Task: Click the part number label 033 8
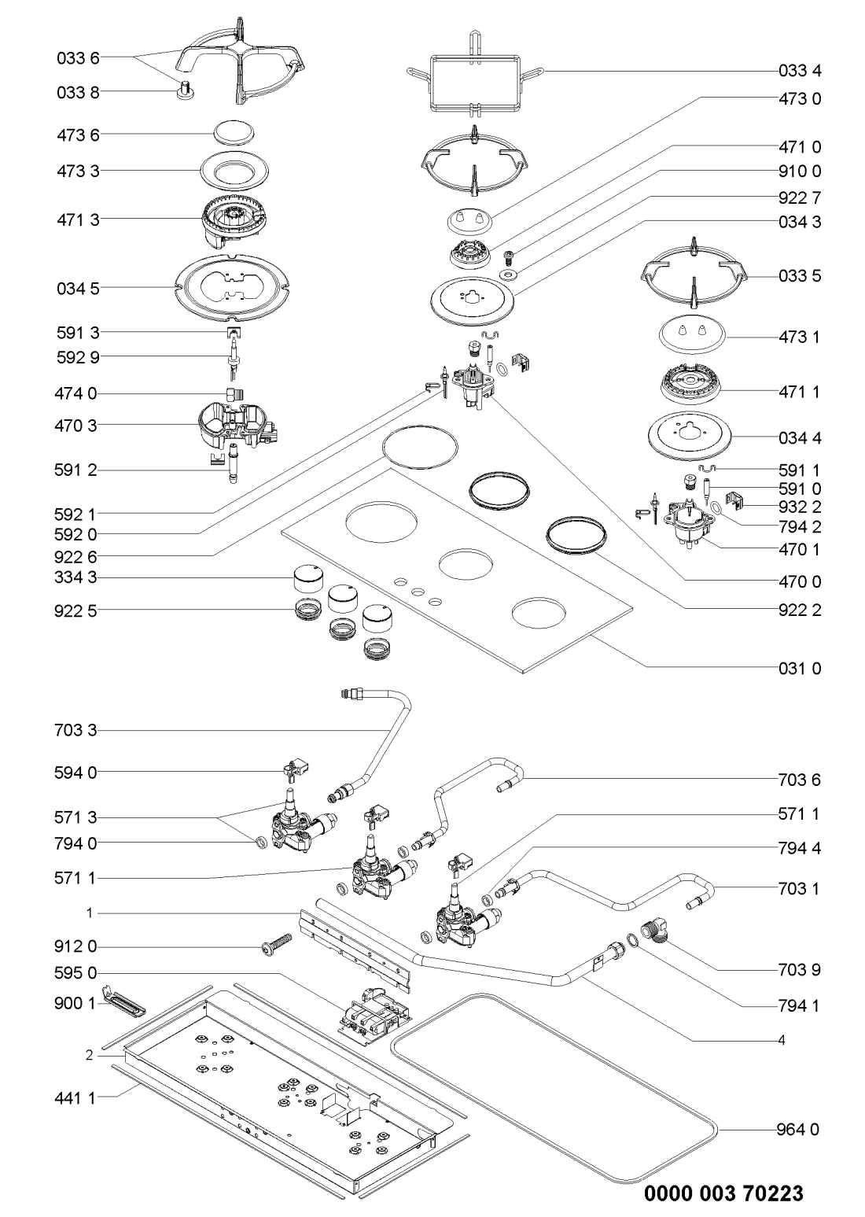pos(78,93)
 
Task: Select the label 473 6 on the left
pos(78,135)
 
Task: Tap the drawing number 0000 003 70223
pos(724,1193)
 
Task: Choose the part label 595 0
pos(78,973)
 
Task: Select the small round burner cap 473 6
pos(234,133)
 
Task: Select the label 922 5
pos(78,609)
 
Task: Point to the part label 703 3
pos(78,732)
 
